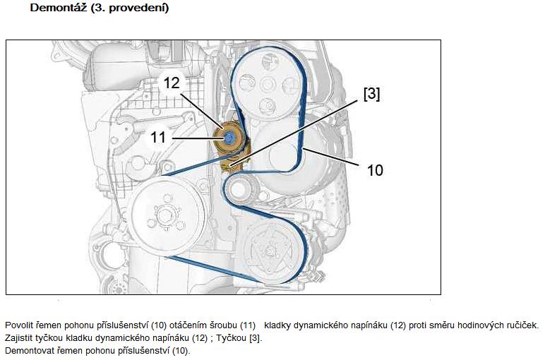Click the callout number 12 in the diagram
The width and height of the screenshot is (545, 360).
pos(172,83)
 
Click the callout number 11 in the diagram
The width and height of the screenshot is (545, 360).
pos(158,137)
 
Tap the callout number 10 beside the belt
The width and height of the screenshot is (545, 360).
pos(375,170)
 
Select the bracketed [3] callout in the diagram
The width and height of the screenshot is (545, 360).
pos(371,94)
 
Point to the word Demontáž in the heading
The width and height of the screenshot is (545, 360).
pos(59,8)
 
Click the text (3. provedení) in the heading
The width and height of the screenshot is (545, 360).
pos(130,8)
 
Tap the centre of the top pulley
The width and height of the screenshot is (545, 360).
pos(268,84)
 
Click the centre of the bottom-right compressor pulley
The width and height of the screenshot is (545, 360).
pos(270,249)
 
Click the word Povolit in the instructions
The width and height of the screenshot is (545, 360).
pos(19,325)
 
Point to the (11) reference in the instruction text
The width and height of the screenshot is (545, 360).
pos(248,325)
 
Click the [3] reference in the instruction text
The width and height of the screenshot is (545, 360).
pos(256,337)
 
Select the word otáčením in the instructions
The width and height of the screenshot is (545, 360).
pos(188,325)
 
